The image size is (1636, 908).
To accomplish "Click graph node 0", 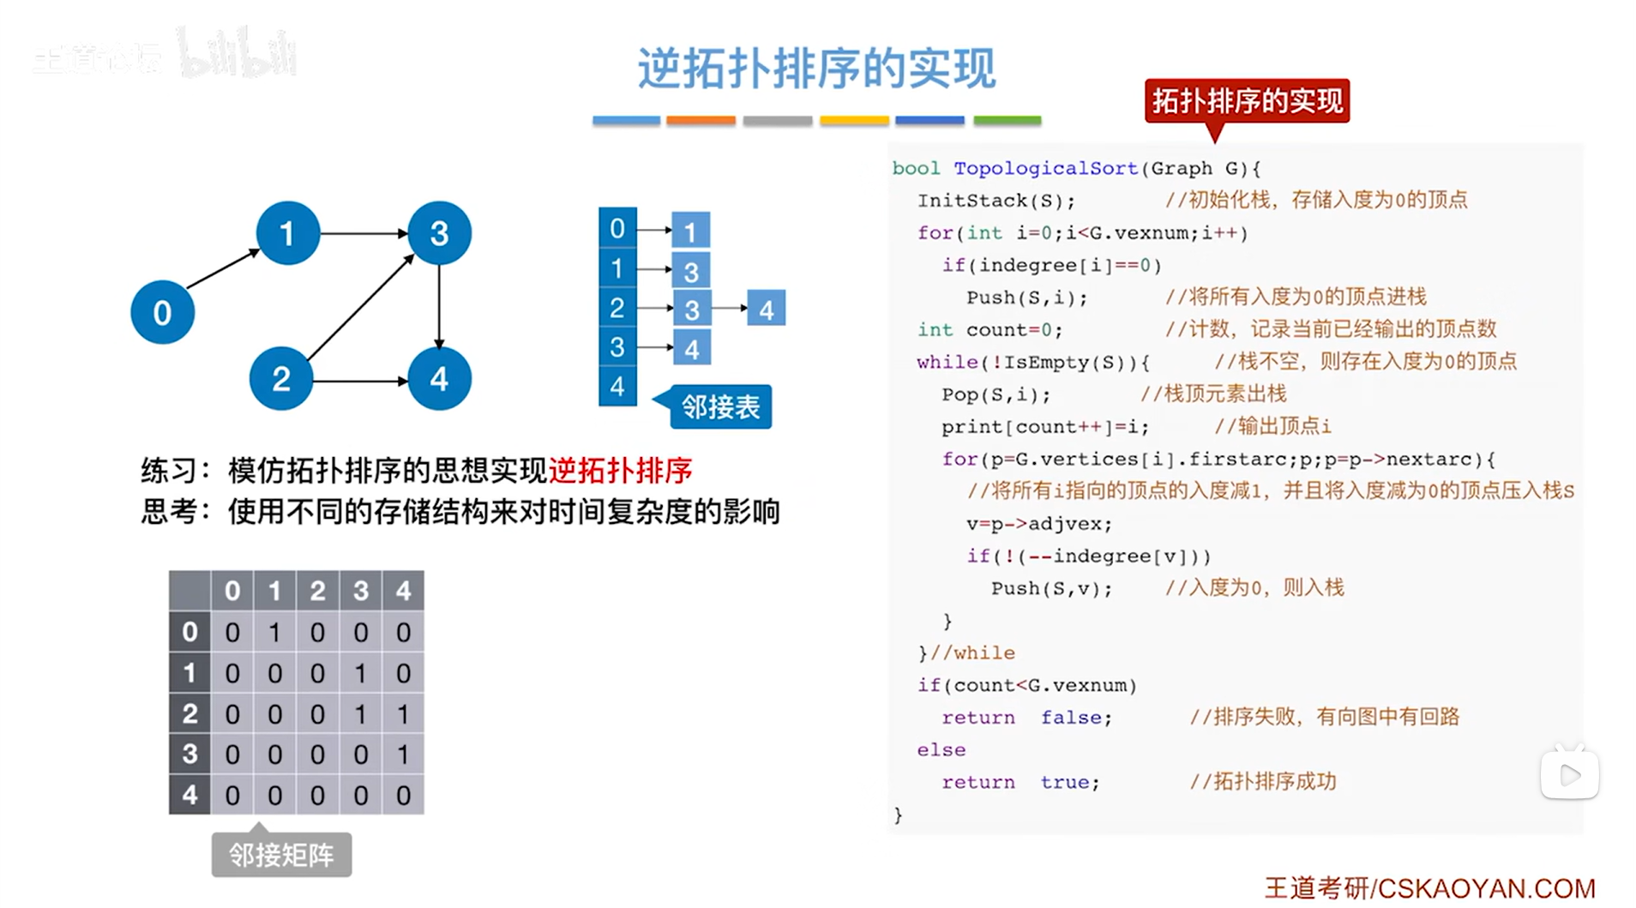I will point(162,312).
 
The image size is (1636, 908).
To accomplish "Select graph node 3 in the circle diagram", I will point(439,232).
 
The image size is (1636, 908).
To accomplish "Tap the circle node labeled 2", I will point(281,378).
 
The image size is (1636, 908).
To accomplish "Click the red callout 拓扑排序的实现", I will point(1247,101).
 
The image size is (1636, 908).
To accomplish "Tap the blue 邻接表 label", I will point(719,406).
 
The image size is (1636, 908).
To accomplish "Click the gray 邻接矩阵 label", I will point(281,855).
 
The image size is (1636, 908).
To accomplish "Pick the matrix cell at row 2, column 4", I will point(403,713).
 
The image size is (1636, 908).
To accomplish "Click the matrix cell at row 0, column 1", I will point(274,633).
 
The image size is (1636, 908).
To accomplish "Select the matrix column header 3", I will point(360,591).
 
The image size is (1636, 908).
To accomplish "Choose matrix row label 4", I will point(189,795).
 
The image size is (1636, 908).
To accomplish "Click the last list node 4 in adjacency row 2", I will point(766,309).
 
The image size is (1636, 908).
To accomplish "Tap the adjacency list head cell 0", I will point(617,228).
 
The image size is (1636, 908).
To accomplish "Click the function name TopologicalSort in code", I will point(1045,168).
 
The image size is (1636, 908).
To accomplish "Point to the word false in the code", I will point(1075,718).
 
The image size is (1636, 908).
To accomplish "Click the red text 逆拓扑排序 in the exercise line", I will point(620,470).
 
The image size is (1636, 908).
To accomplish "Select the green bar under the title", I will point(1007,121).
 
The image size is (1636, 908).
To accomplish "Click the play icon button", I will point(1569,775).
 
